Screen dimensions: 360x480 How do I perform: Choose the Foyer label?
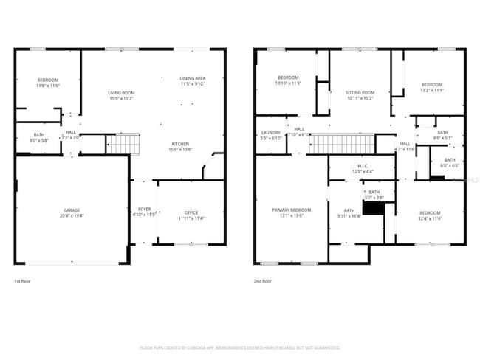point(144,212)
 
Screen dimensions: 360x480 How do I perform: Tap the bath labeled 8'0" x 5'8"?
point(39,137)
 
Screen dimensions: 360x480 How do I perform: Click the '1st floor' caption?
point(24,281)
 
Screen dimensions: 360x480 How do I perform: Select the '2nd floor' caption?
point(263,281)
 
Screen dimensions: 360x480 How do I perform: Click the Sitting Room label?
point(360,94)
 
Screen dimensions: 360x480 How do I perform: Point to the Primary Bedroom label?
point(291,213)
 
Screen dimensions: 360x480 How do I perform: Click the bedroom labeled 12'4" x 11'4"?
point(429,215)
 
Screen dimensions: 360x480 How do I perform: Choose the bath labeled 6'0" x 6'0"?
point(449,162)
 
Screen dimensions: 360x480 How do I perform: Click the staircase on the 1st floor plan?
point(123,144)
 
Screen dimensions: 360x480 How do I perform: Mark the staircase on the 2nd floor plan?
point(341,144)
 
